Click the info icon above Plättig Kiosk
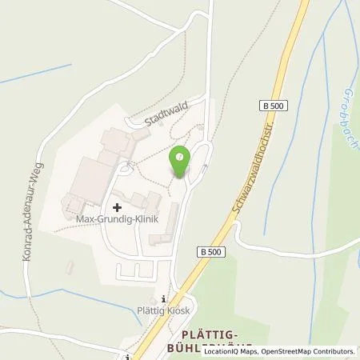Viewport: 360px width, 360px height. point(166,295)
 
